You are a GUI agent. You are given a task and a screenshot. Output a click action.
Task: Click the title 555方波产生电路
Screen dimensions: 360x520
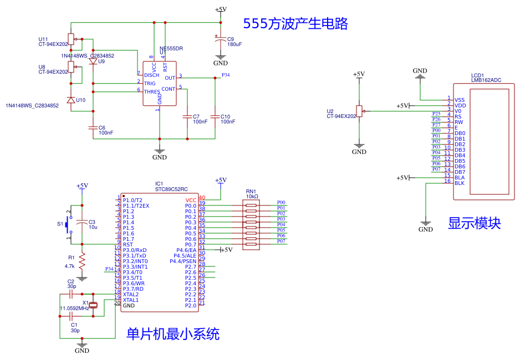click(295, 23)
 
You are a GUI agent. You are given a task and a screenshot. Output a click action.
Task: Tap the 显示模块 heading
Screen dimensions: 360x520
click(474, 223)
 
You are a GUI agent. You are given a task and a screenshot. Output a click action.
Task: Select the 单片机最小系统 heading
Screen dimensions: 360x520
click(173, 334)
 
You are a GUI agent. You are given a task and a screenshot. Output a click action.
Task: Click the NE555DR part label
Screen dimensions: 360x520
click(171, 49)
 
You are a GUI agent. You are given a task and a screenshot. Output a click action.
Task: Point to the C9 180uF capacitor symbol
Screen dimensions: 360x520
click(221, 40)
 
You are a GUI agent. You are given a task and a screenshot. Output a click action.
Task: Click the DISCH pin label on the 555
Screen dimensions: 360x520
click(152, 75)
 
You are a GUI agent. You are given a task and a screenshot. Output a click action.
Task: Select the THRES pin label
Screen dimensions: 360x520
click(152, 92)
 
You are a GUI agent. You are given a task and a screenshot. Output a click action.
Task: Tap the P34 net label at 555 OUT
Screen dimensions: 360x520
click(226, 74)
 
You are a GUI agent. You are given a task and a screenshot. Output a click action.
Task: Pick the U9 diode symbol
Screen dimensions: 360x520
click(93, 61)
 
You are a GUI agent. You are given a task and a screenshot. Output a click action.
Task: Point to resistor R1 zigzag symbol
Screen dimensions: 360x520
click(82, 260)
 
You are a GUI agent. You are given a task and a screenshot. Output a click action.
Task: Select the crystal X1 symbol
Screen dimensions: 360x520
click(94, 305)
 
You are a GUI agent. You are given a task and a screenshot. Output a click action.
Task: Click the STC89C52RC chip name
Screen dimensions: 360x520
click(171, 189)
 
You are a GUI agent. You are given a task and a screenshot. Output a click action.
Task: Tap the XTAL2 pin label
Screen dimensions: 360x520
click(131, 295)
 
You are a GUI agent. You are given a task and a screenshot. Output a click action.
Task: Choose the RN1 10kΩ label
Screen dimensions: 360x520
click(252, 196)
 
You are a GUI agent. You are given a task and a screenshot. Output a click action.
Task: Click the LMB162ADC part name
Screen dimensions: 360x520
click(486, 80)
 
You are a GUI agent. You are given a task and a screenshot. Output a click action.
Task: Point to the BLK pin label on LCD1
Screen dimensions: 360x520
click(460, 183)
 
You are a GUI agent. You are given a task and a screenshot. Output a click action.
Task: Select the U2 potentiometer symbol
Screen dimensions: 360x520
click(359, 111)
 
